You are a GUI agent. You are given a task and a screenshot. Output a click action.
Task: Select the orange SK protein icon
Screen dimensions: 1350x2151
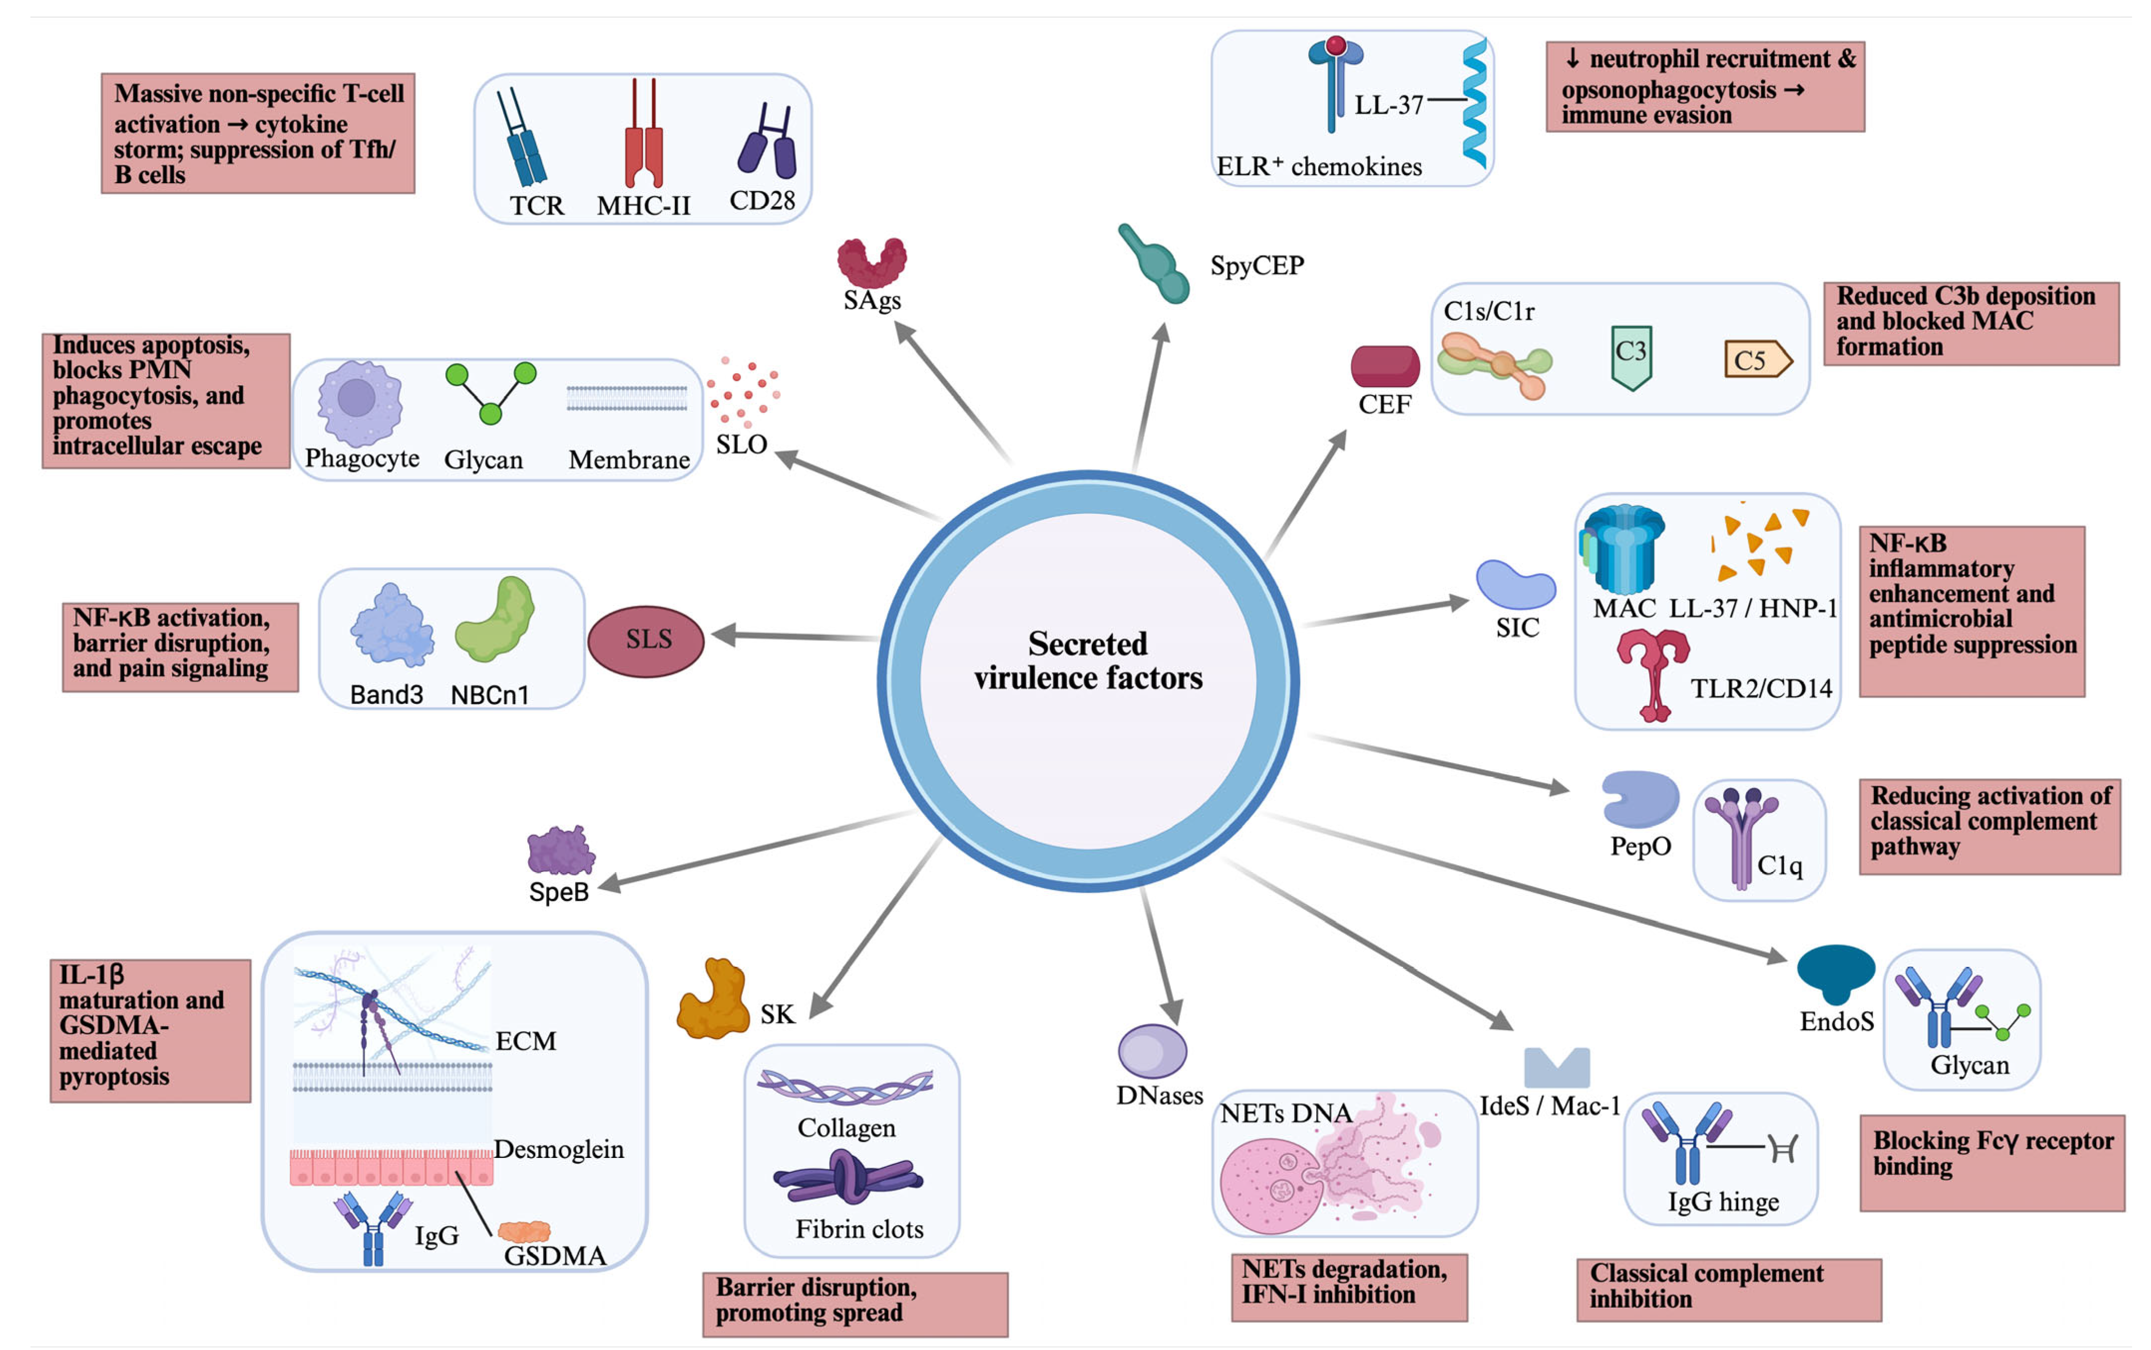[x=712, y=999]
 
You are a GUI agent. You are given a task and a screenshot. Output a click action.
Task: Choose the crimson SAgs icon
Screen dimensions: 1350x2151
[x=871, y=261]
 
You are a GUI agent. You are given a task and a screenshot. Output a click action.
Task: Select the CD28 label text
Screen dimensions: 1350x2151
[x=762, y=201]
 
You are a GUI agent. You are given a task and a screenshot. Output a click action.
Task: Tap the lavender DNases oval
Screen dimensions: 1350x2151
[x=1152, y=1051]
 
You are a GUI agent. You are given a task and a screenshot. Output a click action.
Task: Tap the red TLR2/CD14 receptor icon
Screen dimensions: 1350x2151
[x=1653, y=672]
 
